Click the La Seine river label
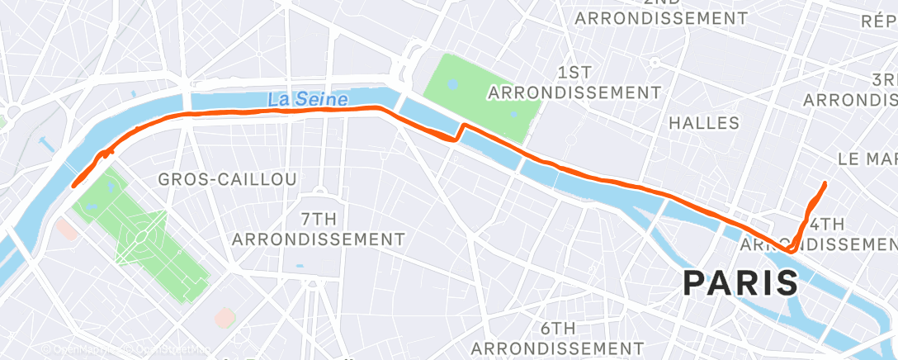pyautogui.click(x=307, y=98)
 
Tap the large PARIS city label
pyautogui.click(x=740, y=283)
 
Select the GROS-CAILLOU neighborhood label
pyautogui.click(x=227, y=179)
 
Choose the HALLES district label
pyautogui.click(x=704, y=123)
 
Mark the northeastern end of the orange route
pyautogui.click(x=825, y=182)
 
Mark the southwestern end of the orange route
pyautogui.click(x=74, y=186)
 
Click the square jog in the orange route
pyautogui.click(x=459, y=132)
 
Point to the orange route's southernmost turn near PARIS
pyautogui.click(x=791, y=249)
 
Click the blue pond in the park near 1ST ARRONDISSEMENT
pyautogui.click(x=453, y=84)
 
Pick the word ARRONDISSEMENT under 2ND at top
pyautogui.click(x=661, y=17)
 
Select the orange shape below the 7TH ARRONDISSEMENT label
pyautogui.click(x=224, y=317)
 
